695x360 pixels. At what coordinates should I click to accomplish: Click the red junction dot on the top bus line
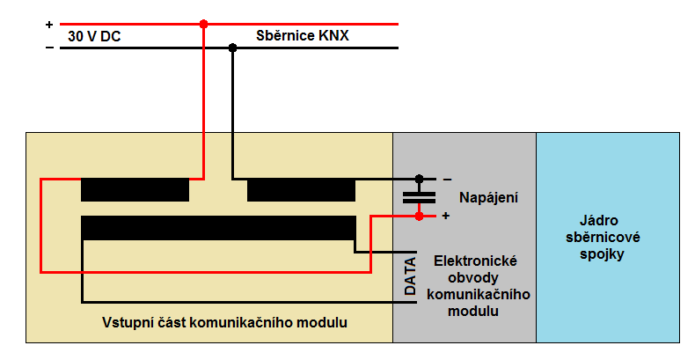(x=203, y=24)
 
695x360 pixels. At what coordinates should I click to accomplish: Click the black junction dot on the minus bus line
(x=232, y=48)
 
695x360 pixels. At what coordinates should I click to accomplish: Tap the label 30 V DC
(x=94, y=36)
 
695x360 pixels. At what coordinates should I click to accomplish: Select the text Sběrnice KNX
(x=303, y=35)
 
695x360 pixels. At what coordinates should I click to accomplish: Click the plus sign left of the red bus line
(x=49, y=25)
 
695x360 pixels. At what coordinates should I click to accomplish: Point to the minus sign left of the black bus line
(x=49, y=48)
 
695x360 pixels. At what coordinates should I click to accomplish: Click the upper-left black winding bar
(x=135, y=190)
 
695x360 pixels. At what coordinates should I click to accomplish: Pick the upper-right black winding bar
(x=301, y=190)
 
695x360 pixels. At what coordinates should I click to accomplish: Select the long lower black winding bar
(x=218, y=228)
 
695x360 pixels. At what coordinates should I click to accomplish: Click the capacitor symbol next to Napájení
(x=419, y=198)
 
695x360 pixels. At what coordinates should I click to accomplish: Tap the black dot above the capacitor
(x=419, y=179)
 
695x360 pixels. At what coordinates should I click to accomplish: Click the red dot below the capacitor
(x=419, y=216)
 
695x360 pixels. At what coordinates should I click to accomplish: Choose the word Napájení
(x=488, y=198)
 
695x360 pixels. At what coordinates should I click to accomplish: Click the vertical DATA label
(x=411, y=276)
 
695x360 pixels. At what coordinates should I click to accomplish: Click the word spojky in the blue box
(x=602, y=254)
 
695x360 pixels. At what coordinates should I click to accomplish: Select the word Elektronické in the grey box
(x=475, y=261)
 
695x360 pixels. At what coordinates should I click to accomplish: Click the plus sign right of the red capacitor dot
(x=446, y=216)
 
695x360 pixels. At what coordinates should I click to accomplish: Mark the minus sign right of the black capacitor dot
(x=447, y=180)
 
